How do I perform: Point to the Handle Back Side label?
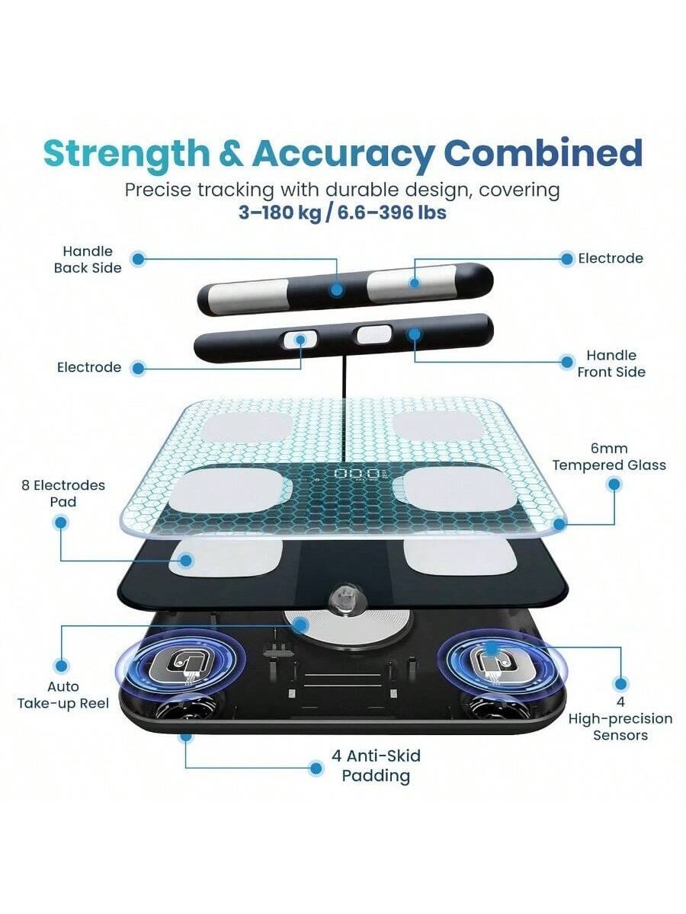(87, 259)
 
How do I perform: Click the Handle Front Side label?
(611, 363)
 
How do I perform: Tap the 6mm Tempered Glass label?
(609, 457)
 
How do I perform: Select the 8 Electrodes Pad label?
(63, 494)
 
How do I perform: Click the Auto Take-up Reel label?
(63, 695)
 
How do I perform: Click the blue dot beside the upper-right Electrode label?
(566, 259)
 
